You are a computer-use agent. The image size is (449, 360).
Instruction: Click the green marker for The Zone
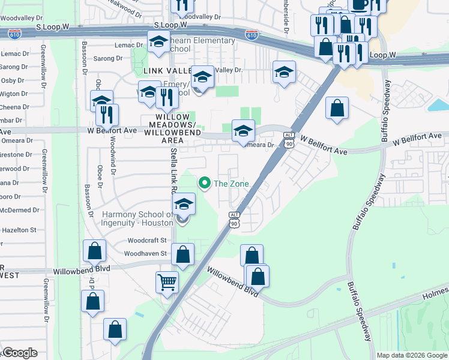pos(204,183)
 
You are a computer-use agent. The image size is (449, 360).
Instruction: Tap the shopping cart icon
pos(166,281)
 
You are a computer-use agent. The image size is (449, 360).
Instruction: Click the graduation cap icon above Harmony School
pos(184,204)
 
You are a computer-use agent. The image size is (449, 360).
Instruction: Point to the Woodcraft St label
pos(146,240)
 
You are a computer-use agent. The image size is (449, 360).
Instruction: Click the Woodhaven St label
pos(146,253)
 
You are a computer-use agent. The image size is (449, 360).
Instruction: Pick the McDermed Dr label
pos(19,210)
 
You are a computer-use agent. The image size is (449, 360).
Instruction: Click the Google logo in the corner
pos(19,352)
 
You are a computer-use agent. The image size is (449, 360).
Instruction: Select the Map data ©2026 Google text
pos(412,355)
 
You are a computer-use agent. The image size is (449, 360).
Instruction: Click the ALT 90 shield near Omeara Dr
pos(289,140)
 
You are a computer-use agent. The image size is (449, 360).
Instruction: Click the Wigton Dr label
pos(12,94)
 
